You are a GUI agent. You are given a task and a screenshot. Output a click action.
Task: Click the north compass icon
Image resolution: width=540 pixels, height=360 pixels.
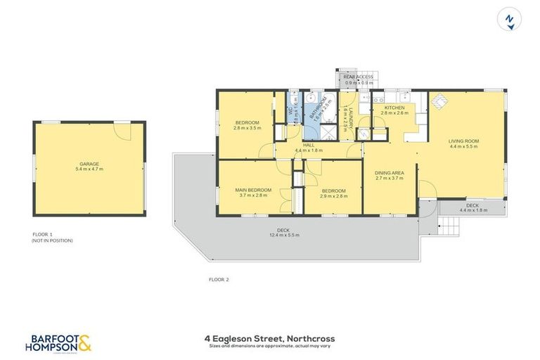pos(508,19)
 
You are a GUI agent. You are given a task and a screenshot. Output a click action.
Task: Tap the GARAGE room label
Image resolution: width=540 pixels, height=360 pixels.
pos(89,164)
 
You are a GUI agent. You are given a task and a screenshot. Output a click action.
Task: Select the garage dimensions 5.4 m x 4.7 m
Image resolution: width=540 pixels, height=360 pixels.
pos(89,169)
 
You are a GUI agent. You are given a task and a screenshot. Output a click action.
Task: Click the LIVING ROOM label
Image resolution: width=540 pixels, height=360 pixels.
pos(463,141)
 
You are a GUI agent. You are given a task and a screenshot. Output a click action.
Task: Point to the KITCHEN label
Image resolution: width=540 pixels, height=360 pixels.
pos(394,107)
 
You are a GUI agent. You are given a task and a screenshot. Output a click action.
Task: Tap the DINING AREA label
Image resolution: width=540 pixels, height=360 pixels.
pos(389,172)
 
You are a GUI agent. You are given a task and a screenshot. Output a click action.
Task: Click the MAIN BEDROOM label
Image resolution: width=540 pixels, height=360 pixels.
pos(253,190)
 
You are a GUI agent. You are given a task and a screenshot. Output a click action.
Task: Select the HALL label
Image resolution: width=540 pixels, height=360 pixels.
pos(308,145)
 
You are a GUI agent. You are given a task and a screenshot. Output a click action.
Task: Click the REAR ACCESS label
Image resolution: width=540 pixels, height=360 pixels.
pos(359,77)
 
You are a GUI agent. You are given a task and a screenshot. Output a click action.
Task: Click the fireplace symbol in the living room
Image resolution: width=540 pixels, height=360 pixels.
pos(438,103)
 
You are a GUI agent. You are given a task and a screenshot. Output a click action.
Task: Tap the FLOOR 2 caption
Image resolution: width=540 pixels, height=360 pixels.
pos(219,279)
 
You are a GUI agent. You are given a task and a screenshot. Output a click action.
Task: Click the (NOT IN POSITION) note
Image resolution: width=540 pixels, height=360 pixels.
pos(52,240)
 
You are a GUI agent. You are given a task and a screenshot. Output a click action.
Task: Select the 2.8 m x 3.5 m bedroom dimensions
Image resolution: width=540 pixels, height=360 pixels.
pos(247,129)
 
